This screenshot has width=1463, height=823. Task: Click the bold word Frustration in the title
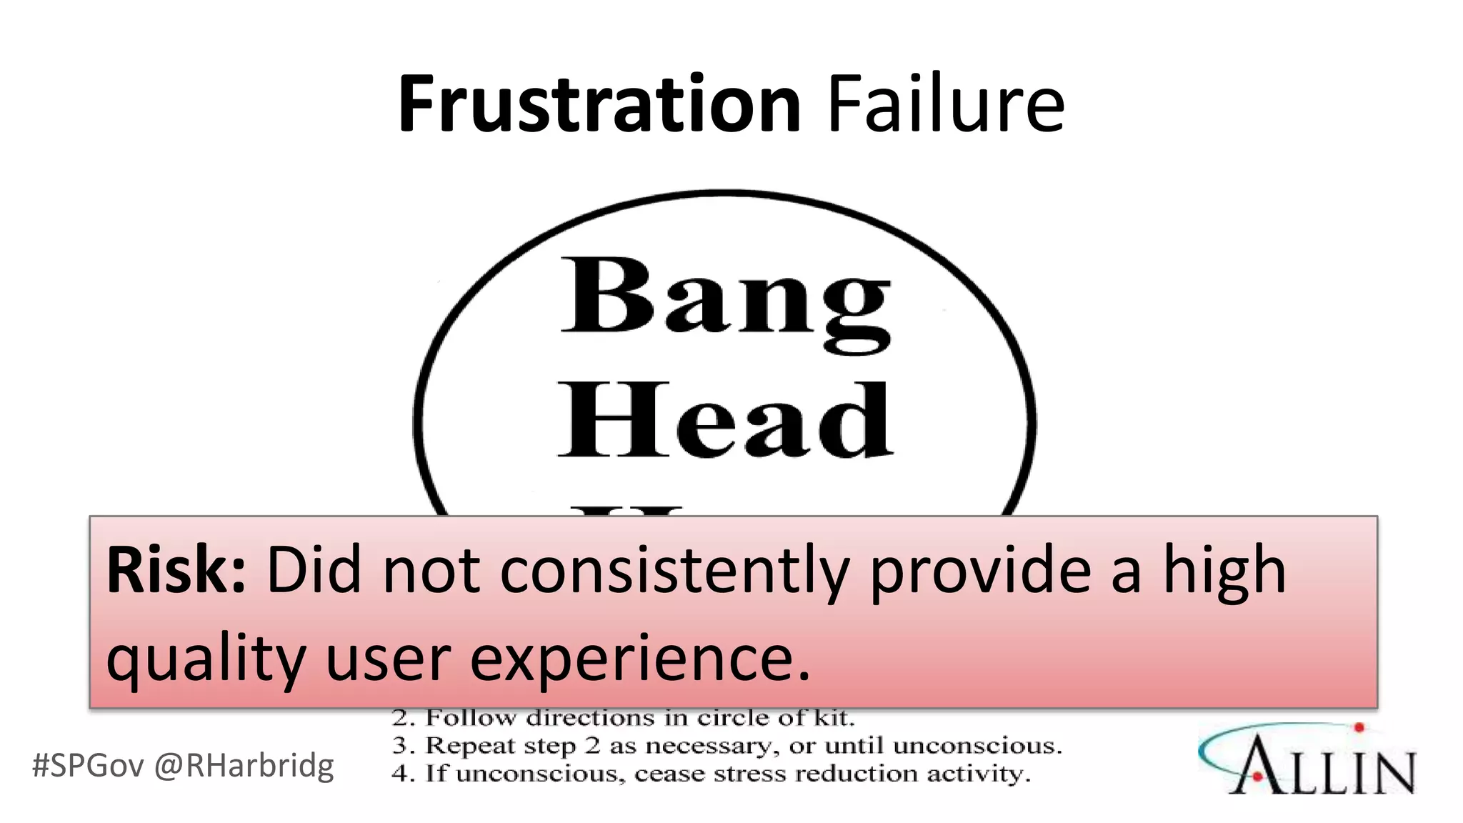(x=599, y=105)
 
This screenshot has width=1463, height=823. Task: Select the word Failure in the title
(x=945, y=105)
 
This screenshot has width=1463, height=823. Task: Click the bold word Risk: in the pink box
(x=176, y=571)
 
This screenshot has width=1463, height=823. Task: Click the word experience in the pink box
(x=640, y=659)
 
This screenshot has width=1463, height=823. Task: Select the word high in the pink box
(x=1224, y=571)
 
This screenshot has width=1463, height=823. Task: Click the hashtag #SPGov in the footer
(x=88, y=766)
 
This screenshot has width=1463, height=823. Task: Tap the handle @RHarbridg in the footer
(x=244, y=766)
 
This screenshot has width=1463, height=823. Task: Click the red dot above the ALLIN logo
(x=1359, y=728)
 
